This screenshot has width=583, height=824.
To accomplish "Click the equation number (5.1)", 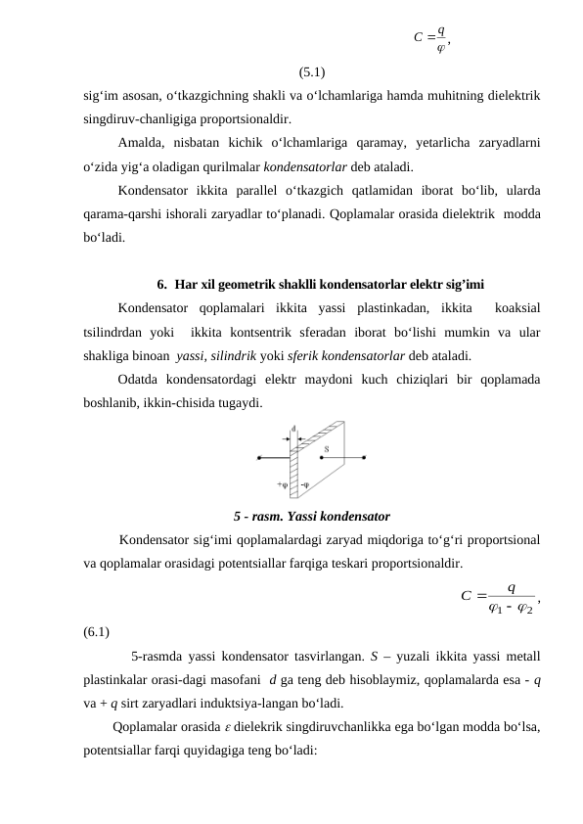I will [313, 71].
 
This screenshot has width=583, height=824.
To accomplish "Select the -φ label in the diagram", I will [305, 483].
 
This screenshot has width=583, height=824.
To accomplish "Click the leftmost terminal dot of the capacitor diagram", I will [258, 456].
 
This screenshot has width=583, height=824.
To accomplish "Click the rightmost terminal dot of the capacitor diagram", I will [365, 456].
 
